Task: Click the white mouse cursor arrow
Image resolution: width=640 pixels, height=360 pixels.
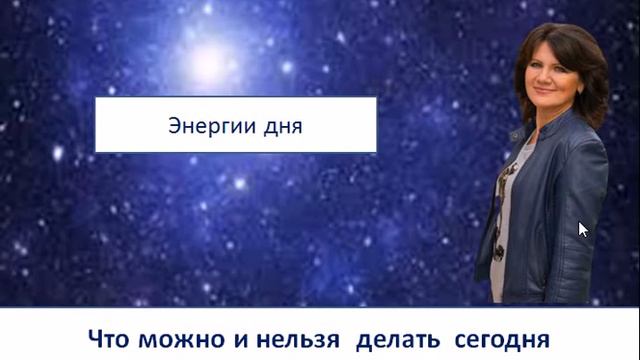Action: click(x=583, y=229)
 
